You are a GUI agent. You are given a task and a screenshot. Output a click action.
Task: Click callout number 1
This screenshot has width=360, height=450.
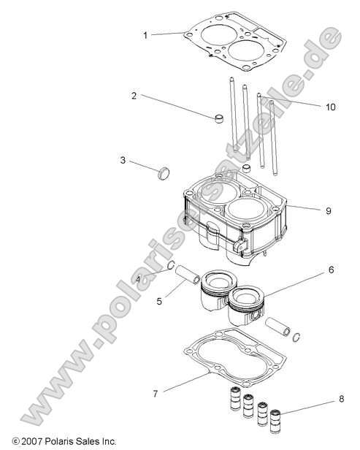145,34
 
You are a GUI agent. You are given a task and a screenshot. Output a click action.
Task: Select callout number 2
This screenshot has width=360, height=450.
134,96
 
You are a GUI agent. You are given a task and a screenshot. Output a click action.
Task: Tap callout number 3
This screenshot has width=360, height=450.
123,160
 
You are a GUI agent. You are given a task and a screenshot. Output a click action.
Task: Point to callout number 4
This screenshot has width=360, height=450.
138,279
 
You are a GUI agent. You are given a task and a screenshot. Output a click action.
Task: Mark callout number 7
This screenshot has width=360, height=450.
155,394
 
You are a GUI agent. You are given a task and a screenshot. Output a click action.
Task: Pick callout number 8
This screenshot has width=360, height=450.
340,399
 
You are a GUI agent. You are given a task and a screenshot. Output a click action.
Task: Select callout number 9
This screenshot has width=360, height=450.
328,210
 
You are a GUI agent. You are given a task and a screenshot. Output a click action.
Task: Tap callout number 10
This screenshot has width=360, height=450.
331,107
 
